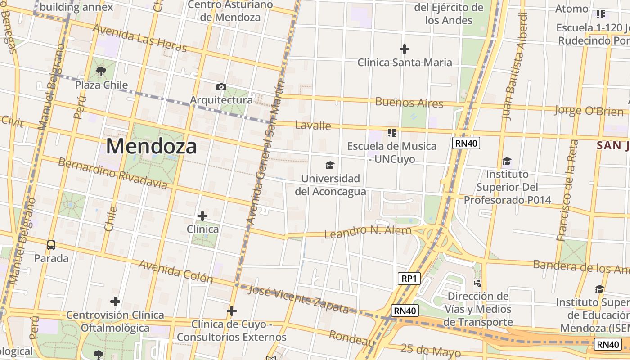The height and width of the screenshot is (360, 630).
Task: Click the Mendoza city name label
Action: point(152,146)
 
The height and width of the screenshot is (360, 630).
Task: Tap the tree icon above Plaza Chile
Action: point(101,71)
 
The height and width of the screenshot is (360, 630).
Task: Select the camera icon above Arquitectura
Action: point(221,87)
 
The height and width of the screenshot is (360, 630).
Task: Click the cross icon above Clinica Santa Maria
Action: point(405,49)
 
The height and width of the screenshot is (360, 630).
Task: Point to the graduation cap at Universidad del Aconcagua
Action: point(330,165)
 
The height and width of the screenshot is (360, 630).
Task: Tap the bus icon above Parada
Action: point(51,245)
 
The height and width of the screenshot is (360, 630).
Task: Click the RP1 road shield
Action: point(409,279)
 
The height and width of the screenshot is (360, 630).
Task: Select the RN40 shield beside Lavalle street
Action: point(466,143)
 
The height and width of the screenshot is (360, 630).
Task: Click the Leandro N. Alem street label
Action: point(368,232)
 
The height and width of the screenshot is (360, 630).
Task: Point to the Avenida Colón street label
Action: point(175,271)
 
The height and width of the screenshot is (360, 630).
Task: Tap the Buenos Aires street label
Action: point(409,103)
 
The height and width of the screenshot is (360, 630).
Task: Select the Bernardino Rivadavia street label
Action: point(112,173)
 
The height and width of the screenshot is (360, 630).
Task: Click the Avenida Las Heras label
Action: point(139,38)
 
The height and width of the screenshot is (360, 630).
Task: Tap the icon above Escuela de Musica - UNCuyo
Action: point(391,133)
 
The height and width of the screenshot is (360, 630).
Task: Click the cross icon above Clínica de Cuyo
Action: point(232,311)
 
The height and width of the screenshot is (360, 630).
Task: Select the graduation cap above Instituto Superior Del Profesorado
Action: point(507,161)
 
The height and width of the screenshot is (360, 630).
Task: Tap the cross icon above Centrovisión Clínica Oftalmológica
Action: point(115,301)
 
